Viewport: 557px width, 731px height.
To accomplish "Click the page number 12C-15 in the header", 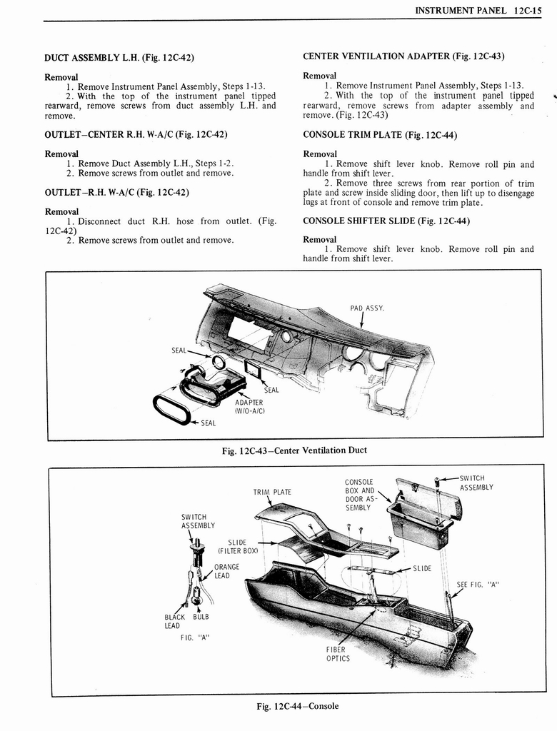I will pos(530,11).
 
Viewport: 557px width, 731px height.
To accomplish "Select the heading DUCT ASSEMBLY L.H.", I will pos(119,57).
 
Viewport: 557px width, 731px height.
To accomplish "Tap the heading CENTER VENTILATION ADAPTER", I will pos(404,56).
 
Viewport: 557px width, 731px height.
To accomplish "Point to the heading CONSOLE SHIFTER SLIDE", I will pos(386,221).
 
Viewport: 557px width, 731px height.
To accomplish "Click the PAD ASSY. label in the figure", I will pos(367,308).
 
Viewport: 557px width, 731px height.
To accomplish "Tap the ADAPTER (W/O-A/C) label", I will pos(250,406).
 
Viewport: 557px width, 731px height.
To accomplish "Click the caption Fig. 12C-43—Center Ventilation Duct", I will pos(294,450).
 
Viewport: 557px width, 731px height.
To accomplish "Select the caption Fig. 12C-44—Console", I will pos(297,706).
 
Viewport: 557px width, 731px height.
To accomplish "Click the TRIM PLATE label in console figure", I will pos(272,492).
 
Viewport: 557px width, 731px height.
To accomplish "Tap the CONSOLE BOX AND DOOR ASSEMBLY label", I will pos(358,494).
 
